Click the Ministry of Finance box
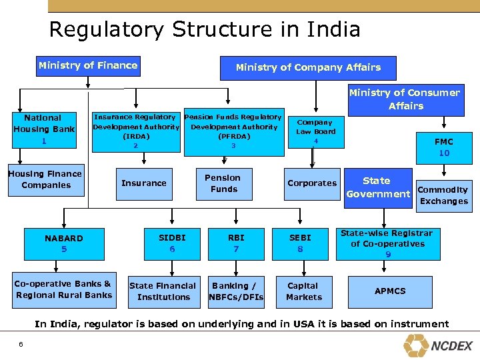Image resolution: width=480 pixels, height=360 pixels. click(x=88, y=65)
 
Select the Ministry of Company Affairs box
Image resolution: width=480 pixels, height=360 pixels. click(x=308, y=67)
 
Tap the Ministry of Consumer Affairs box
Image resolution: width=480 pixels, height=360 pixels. click(x=405, y=99)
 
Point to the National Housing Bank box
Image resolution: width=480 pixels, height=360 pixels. click(x=43, y=129)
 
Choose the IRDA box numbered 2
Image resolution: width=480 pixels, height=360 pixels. click(x=136, y=131)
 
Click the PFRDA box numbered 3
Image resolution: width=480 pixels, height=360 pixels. click(x=233, y=131)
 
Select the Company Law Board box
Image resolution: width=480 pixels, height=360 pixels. click(x=315, y=131)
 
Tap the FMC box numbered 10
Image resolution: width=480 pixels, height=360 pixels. click(x=444, y=147)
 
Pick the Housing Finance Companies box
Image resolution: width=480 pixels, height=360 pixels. click(x=45, y=179)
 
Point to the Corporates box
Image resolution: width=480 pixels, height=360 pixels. click(x=312, y=183)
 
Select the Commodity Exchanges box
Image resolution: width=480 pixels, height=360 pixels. click(x=443, y=195)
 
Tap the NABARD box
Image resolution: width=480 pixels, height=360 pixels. click(x=64, y=243)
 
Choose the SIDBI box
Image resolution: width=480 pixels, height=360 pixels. click(x=171, y=243)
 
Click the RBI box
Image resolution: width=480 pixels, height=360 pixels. click(x=236, y=243)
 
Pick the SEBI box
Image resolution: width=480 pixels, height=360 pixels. click(x=301, y=243)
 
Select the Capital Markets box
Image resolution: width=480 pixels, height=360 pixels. click(x=303, y=291)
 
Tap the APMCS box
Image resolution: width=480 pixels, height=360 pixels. click(x=390, y=291)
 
